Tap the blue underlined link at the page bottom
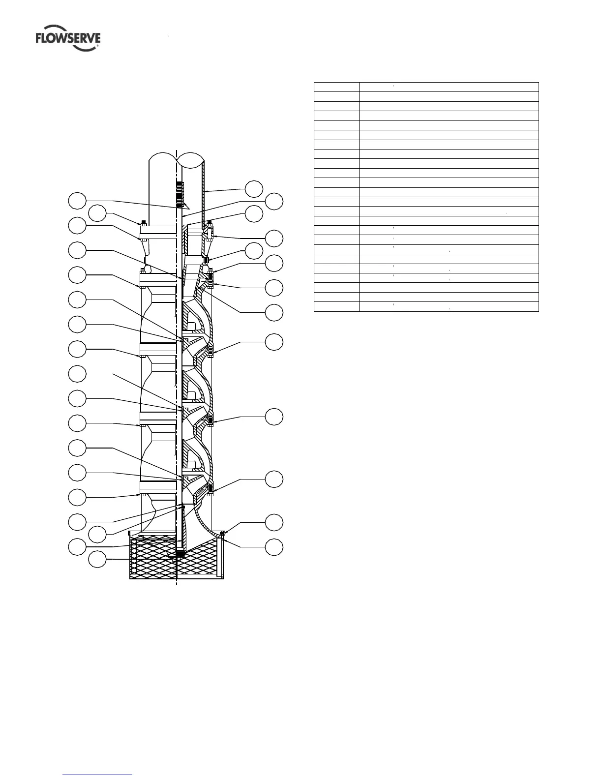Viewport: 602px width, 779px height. (98, 775)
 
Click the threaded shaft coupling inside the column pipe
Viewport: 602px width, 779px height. (180, 194)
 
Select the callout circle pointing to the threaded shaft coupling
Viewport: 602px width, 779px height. (77, 201)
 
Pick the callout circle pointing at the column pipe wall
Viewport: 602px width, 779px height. (254, 189)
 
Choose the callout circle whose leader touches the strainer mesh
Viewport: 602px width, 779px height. (97, 560)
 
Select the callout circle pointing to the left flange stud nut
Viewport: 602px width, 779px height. (97, 213)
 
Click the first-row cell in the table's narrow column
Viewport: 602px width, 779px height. (336, 87)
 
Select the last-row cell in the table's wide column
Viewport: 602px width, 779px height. (449, 307)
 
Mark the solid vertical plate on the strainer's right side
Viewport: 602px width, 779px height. (221, 558)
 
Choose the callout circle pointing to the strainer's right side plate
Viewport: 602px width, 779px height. (274, 547)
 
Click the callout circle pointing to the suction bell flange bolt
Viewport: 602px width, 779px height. (274, 522)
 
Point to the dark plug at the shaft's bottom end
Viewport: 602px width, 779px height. (181, 555)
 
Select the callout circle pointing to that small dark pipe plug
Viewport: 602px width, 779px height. (254, 251)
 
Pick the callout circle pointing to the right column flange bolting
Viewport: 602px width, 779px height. (274, 239)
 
